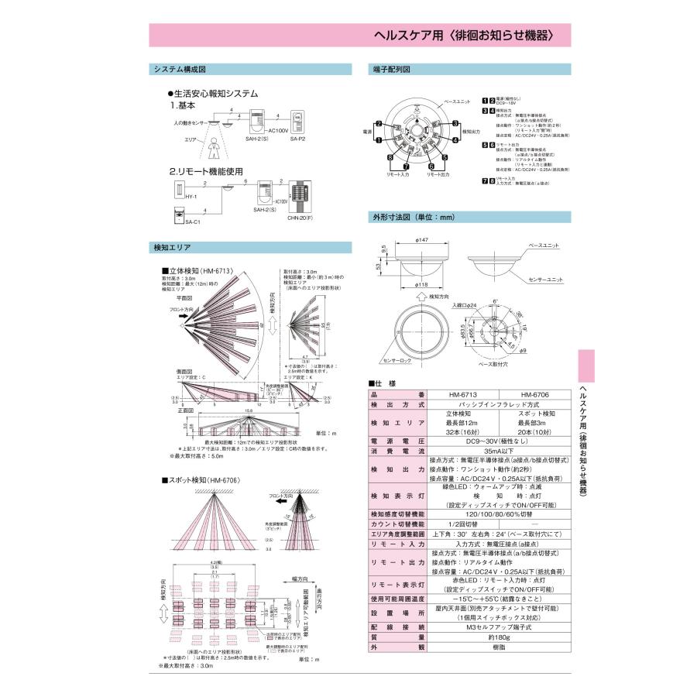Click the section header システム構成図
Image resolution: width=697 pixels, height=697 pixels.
[x=180, y=70]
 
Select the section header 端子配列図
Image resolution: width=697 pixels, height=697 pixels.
[x=392, y=70]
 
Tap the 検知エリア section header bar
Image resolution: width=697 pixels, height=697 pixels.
[x=173, y=247]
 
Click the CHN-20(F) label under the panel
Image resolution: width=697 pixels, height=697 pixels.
[x=298, y=218]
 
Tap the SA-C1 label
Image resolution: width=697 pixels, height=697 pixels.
[x=193, y=223]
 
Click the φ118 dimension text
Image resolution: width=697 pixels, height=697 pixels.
[x=421, y=285]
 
